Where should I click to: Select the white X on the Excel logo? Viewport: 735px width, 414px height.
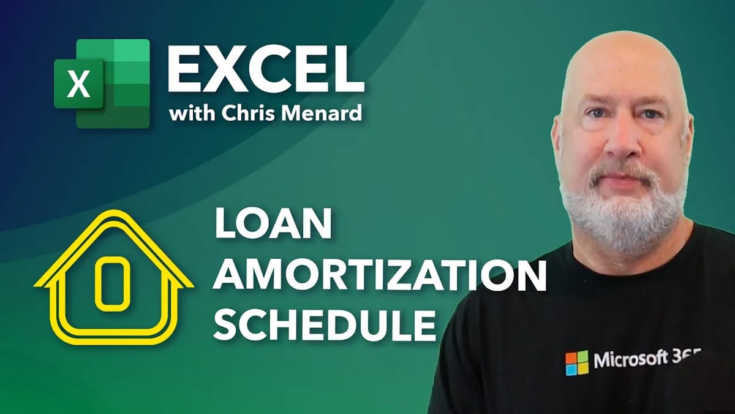(78, 85)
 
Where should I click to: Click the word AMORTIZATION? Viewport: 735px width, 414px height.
(380, 277)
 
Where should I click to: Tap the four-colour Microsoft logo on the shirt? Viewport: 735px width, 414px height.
(576, 362)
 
